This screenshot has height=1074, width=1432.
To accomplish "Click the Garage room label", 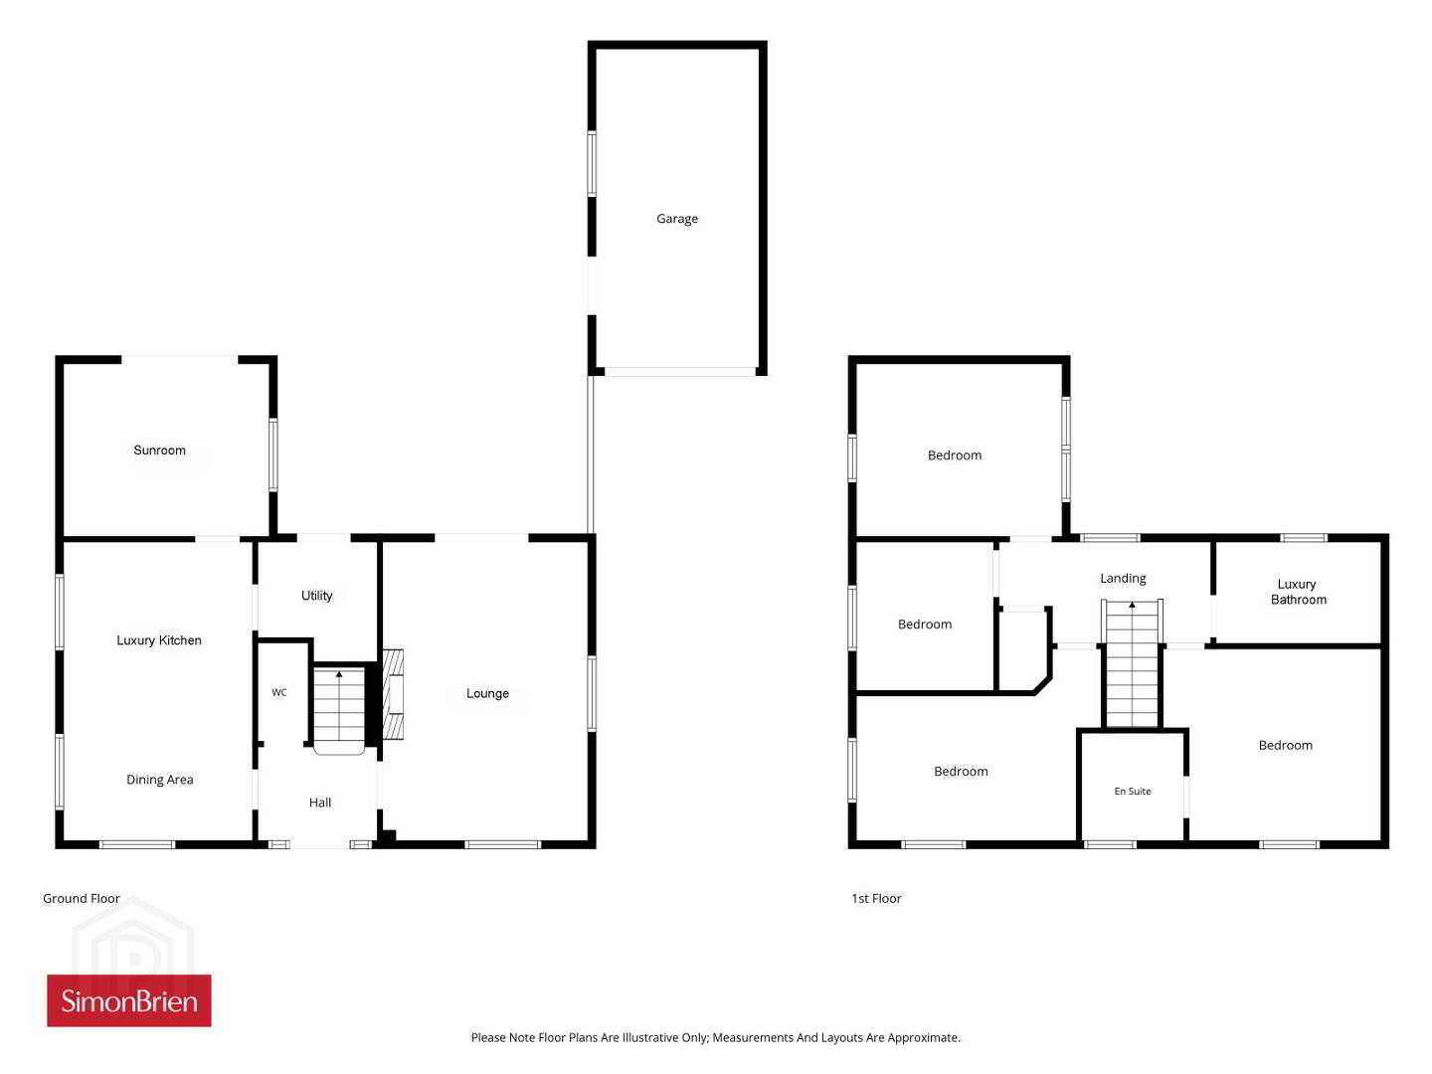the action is (676, 219).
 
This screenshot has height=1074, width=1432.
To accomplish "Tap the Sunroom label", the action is (159, 449).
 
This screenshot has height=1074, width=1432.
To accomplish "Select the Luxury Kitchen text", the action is (158, 640).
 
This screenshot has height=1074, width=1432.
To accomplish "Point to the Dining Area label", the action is (159, 780).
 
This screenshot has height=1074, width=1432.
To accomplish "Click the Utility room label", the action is (316, 596).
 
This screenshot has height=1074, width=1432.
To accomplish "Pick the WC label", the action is (279, 692).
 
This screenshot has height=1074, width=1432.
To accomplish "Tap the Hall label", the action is (319, 803).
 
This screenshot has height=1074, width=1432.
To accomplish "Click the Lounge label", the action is (487, 693).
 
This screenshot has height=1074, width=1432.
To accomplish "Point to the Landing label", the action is (1123, 579).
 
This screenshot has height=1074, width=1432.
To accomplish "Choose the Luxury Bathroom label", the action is (1299, 592).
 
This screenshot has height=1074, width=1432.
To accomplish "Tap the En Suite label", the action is (1133, 791).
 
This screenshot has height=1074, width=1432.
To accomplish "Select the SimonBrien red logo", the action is (129, 1000).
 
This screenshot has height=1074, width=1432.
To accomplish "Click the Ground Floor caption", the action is (82, 898).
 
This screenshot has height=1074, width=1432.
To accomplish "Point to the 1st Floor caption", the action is (876, 898).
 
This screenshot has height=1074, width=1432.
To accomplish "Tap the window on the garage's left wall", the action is (592, 164).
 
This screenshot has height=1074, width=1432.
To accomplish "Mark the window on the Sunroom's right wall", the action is (273, 454).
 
